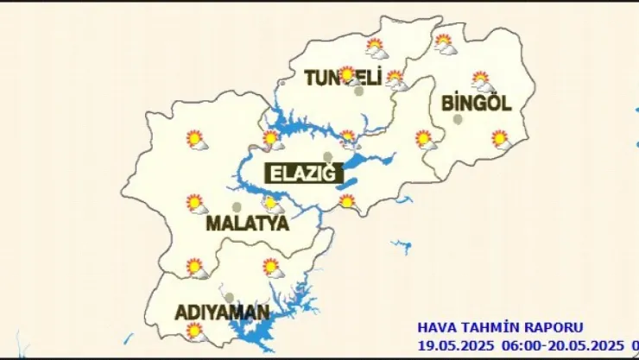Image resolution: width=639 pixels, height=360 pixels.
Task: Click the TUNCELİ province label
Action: tap(343, 79)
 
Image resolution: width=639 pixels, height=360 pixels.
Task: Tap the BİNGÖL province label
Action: tap(476, 104)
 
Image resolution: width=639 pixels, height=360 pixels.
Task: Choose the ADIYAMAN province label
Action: tap(222, 312)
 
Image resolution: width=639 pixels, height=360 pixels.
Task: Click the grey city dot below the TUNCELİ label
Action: tap(358, 91)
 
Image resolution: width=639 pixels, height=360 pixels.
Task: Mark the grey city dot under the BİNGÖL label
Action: tap(458, 119)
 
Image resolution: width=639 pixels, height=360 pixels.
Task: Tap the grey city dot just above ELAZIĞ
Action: tap(327, 156)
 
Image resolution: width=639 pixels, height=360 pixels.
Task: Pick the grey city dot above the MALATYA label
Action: tap(237, 207)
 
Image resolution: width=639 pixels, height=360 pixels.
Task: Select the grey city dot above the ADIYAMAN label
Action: tap(229, 297)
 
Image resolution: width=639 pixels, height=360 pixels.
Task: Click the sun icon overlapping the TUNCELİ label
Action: tap(348, 74)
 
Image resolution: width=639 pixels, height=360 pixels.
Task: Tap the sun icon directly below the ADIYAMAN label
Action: tap(195, 330)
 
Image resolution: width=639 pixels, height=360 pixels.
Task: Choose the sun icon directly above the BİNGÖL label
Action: tap(482, 80)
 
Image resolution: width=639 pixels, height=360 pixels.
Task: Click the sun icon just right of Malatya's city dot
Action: tap(272, 204)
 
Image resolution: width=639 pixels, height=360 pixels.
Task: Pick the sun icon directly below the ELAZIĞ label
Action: tap(347, 201)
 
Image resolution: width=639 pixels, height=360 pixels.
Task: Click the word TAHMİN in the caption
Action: tap(489, 328)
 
